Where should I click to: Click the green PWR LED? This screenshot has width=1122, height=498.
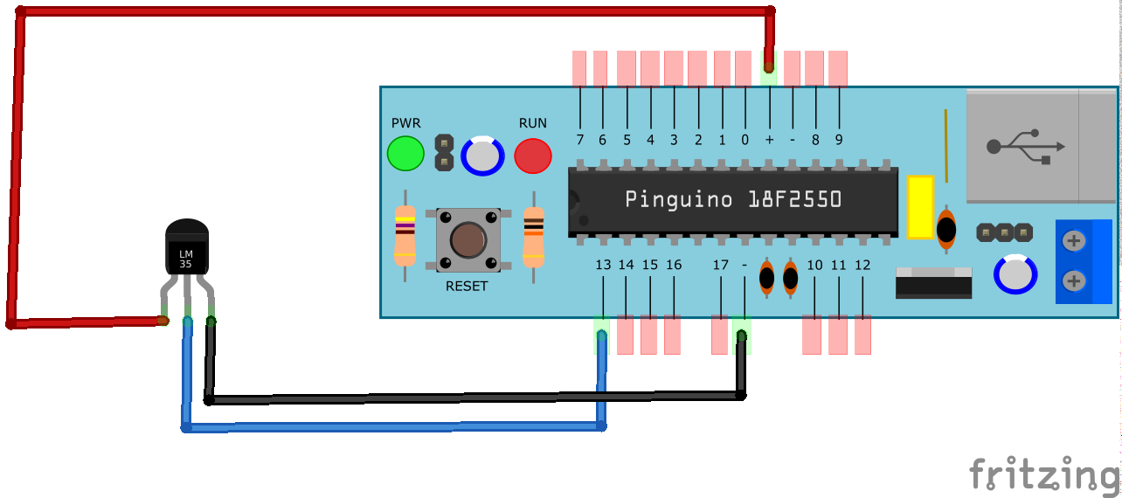point(405,154)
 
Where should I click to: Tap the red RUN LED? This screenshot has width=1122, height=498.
point(532,156)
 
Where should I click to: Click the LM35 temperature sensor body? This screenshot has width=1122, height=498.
point(187,247)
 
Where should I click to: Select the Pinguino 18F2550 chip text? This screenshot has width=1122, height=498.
point(733,200)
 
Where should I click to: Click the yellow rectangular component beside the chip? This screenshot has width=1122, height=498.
point(920,206)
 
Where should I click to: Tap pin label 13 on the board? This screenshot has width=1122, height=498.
point(603,265)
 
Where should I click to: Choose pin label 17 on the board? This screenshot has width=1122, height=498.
point(720,265)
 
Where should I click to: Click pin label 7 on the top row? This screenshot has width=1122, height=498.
point(579,140)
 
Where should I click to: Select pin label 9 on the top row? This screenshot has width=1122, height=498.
point(839,140)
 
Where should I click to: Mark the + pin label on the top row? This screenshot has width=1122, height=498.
point(769,140)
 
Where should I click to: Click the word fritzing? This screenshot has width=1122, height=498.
point(1043,474)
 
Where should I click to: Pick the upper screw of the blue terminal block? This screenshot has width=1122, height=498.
point(1075,241)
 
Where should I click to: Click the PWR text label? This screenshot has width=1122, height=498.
point(405,123)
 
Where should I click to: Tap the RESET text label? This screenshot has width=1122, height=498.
point(467,287)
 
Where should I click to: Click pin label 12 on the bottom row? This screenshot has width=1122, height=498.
point(862,265)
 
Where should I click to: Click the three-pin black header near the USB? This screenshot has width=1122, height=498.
point(1004,232)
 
